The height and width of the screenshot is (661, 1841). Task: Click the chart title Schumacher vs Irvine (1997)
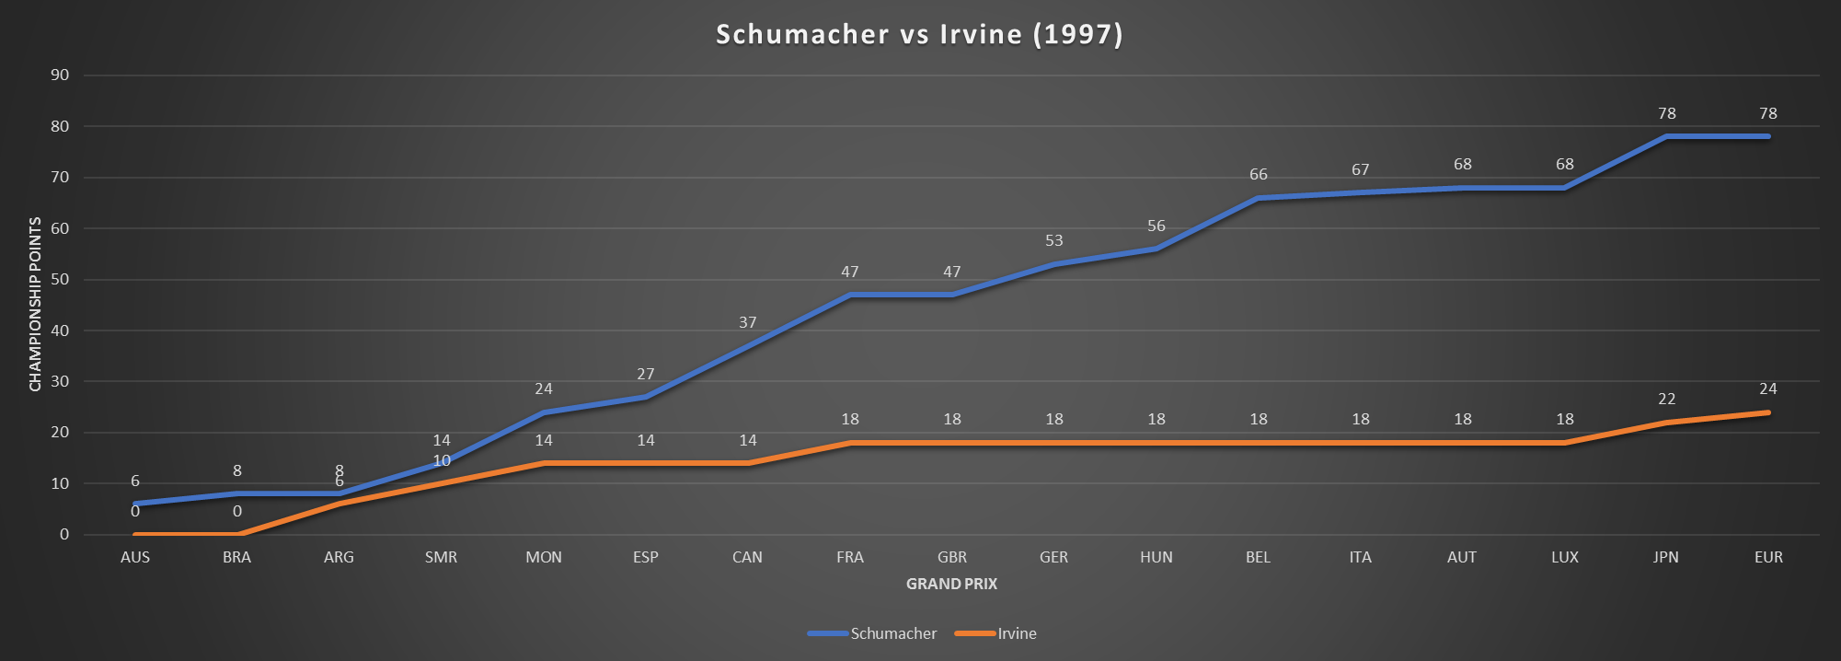[x=919, y=35]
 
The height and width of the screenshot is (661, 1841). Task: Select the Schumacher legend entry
[x=892, y=633]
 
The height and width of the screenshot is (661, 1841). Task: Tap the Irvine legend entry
[x=1017, y=633]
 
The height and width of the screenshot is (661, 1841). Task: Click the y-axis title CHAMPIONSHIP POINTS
[x=35, y=304]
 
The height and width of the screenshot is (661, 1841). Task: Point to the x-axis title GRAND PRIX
[x=951, y=584]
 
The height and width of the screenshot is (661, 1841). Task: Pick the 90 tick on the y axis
[x=60, y=75]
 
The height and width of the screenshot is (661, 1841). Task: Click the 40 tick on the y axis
[x=60, y=330]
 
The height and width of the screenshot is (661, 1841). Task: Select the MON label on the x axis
[x=544, y=557]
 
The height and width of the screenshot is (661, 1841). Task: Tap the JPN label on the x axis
[x=1665, y=557]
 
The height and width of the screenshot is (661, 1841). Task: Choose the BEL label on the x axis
[x=1258, y=557]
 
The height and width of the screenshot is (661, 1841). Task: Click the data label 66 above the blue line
[x=1258, y=174]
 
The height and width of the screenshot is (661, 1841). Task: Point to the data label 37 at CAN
[x=747, y=322]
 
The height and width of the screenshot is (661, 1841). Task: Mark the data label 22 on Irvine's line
[x=1666, y=399]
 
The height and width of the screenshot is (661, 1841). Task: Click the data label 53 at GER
[x=1053, y=240]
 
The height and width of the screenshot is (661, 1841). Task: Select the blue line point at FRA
[x=850, y=295]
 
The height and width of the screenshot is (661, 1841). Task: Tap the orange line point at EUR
[x=1768, y=412]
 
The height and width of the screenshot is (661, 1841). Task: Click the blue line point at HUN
[x=1156, y=249]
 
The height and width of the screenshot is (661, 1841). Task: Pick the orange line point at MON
[x=544, y=463]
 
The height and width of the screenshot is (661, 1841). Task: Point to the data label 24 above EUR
[x=1767, y=388]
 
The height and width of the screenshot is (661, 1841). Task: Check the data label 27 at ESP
[x=645, y=374]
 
